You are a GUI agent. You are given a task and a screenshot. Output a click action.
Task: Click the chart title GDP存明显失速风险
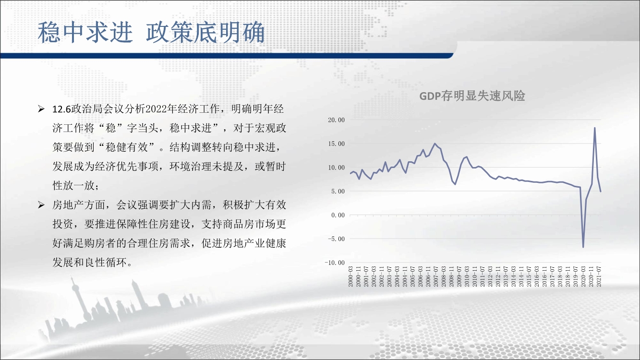[472, 96]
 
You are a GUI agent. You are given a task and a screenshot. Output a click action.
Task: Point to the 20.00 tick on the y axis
[336, 120]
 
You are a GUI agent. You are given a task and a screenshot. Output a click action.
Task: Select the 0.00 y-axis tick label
[338, 215]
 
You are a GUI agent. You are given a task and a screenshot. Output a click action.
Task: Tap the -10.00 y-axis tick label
[335, 263]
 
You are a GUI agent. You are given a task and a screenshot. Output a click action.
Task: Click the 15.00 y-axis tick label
[336, 144]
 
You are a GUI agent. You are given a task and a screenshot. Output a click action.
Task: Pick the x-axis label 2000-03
[350, 276]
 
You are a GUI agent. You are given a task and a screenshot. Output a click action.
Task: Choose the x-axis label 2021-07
[599, 276]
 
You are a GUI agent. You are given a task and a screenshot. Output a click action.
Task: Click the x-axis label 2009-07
[459, 276]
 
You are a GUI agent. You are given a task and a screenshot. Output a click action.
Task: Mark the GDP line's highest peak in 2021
[594, 128]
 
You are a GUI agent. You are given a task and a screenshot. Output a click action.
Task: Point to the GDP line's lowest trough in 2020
[583, 247]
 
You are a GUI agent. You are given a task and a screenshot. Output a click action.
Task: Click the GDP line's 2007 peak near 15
[435, 144]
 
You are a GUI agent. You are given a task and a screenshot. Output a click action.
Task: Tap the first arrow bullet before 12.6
[41, 109]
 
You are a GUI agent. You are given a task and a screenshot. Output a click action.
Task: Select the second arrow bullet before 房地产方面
[41, 205]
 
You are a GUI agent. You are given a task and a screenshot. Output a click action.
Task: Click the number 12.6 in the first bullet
[61, 109]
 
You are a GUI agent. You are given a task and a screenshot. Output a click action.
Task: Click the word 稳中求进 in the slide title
[85, 32]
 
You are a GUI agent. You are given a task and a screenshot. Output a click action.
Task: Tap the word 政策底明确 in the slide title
[205, 32]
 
